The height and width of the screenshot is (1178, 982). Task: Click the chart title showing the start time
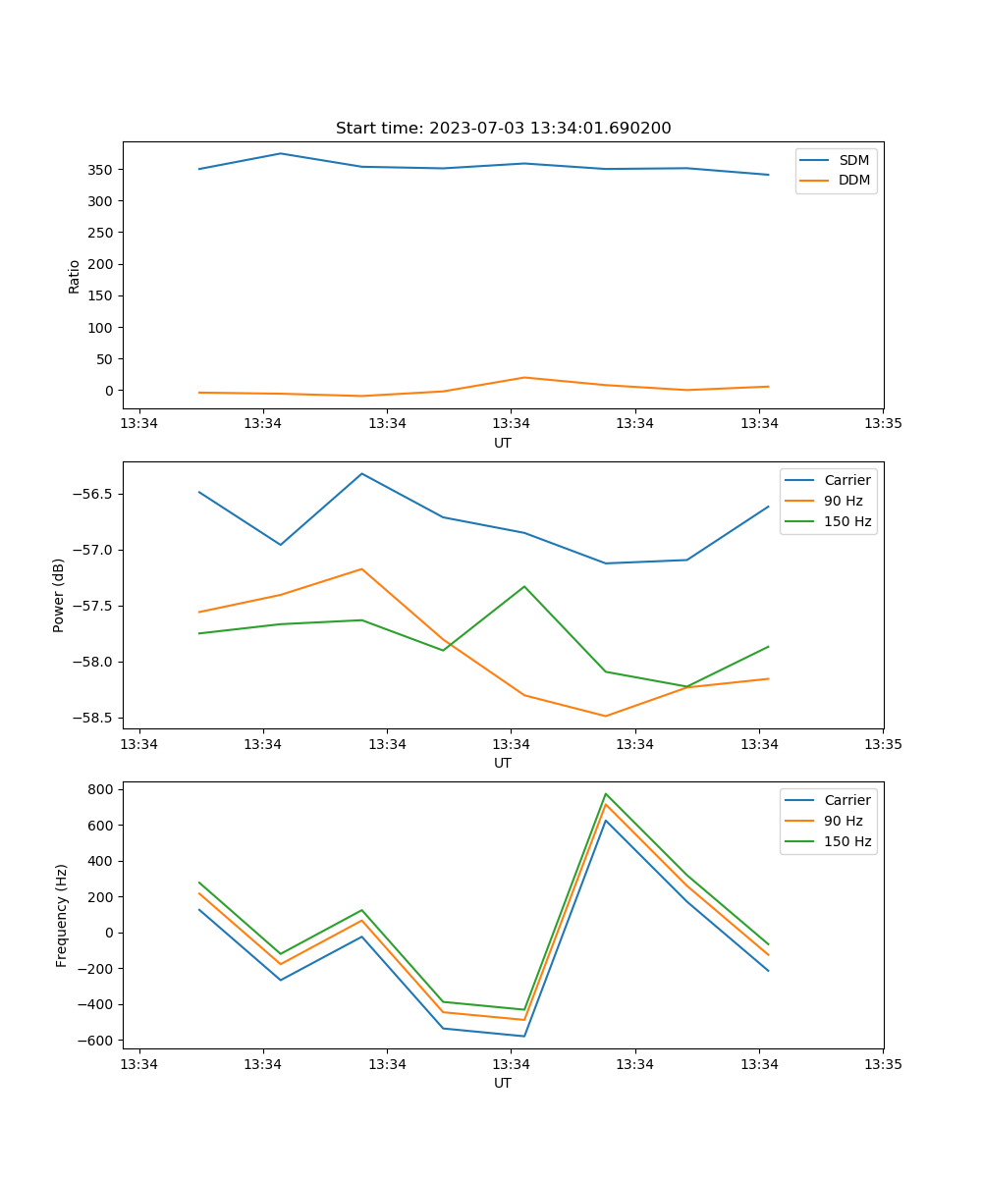click(503, 129)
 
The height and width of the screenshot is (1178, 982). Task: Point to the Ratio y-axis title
click(75, 276)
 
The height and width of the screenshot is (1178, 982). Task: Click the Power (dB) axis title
click(59, 595)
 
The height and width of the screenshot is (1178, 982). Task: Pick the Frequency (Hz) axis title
click(62, 915)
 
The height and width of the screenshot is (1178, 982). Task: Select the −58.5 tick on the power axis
click(95, 718)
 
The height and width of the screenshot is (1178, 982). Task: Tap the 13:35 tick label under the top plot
click(883, 424)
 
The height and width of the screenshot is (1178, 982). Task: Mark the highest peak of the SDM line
click(280, 153)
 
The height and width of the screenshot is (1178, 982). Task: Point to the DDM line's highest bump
click(524, 377)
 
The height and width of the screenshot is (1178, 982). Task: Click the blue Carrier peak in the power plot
click(361, 473)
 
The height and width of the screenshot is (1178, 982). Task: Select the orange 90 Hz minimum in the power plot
click(605, 716)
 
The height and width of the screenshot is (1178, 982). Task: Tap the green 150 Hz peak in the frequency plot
click(606, 793)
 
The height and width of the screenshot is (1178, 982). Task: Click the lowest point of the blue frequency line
click(524, 1036)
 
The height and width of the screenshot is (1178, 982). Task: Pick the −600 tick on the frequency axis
click(97, 1041)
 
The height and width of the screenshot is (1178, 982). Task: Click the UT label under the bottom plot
click(503, 1083)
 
